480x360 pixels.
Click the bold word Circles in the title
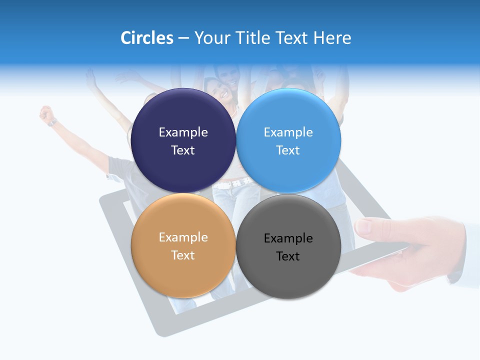click(147, 38)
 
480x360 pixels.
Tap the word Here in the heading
click(332, 38)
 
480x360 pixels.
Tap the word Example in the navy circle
click(183, 132)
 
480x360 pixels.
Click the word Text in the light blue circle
click(288, 150)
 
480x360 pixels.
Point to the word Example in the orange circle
click(183, 237)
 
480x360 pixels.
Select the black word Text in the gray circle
click(288, 256)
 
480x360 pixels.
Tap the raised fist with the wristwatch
click(47, 114)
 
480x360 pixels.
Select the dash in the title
click(183, 38)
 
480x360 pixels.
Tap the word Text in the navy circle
click(183, 150)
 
